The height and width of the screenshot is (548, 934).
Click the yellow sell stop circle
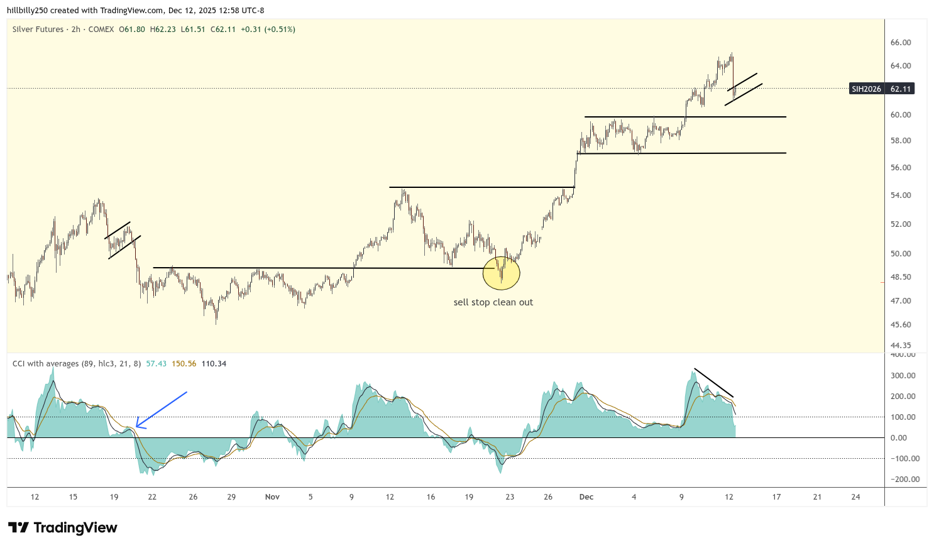(502, 272)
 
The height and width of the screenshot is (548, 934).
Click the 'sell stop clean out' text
(493, 302)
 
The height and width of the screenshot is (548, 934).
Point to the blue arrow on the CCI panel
(161, 410)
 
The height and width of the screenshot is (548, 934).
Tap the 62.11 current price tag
(901, 89)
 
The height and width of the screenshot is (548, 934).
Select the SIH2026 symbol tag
(866, 89)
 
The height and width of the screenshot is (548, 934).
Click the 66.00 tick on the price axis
(901, 43)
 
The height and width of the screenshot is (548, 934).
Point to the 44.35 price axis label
(901, 346)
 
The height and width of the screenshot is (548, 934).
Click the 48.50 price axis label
(901, 277)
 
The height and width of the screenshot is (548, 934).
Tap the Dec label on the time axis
(586, 497)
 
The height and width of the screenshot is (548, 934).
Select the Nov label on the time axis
(272, 497)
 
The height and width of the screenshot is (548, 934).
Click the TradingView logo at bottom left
(63, 528)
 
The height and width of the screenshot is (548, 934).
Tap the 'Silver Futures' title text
(38, 30)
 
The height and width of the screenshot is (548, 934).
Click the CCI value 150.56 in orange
(184, 364)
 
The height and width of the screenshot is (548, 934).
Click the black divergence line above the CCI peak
(713, 383)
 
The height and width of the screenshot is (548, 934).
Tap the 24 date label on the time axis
(855, 497)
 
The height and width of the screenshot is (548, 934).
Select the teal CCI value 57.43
(156, 364)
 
